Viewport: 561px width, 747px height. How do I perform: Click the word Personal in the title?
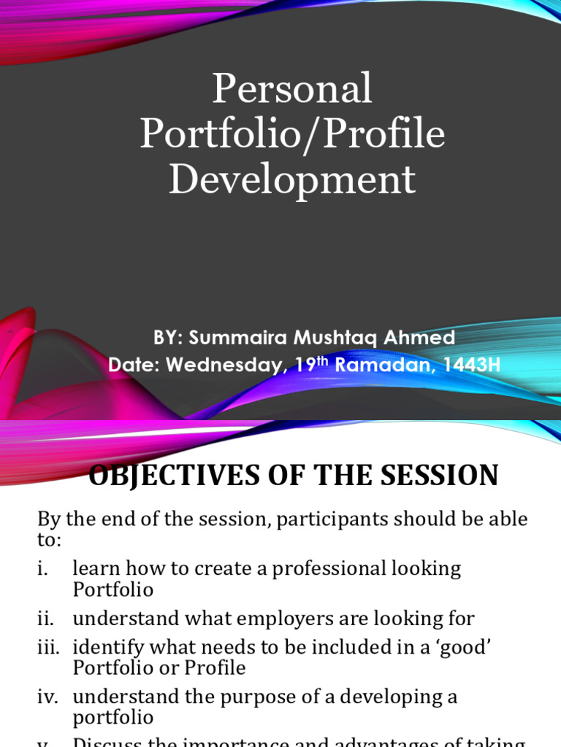point(291,90)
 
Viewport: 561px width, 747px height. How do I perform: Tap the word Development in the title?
point(291,180)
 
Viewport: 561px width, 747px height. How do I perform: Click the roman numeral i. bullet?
point(43,569)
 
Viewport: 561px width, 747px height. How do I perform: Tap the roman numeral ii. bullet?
point(45,619)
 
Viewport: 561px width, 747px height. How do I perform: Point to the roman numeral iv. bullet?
point(47,697)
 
